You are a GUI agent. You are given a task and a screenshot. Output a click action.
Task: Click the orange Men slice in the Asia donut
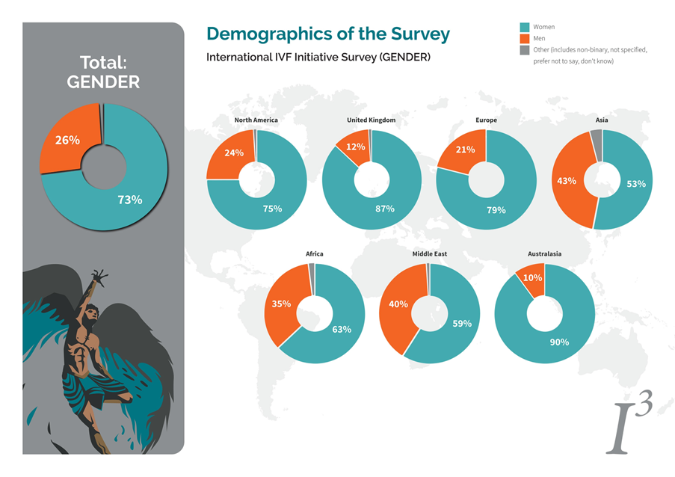tap(567, 181)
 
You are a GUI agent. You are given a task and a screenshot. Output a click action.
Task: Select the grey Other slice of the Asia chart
tap(597, 144)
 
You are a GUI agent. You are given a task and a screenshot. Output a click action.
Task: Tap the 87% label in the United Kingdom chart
tap(384, 209)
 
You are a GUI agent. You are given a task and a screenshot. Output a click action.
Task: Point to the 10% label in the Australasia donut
tap(532, 278)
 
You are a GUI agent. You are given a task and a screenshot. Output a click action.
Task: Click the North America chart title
tap(256, 120)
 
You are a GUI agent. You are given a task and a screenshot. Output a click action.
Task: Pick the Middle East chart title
tap(430, 254)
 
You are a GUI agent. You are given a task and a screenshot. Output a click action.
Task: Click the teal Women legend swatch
tap(524, 27)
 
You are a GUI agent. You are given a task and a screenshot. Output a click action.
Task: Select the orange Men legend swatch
tap(524, 39)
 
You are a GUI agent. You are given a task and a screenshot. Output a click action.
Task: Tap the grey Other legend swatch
tap(524, 50)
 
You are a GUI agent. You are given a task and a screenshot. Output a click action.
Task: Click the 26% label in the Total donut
tap(67, 141)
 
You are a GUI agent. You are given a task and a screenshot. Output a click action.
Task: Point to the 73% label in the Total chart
tap(130, 200)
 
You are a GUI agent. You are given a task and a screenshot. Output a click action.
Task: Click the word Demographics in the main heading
tap(270, 34)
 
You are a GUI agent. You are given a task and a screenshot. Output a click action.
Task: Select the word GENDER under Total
tap(103, 82)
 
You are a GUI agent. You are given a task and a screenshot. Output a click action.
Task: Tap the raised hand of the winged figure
tap(100, 277)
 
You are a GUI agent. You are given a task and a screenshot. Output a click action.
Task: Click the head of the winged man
tap(92, 312)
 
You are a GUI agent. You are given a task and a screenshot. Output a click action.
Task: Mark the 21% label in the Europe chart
tap(466, 150)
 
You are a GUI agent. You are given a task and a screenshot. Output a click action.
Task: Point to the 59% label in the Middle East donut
tap(462, 324)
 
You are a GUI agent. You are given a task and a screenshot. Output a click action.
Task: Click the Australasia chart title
tap(545, 254)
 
